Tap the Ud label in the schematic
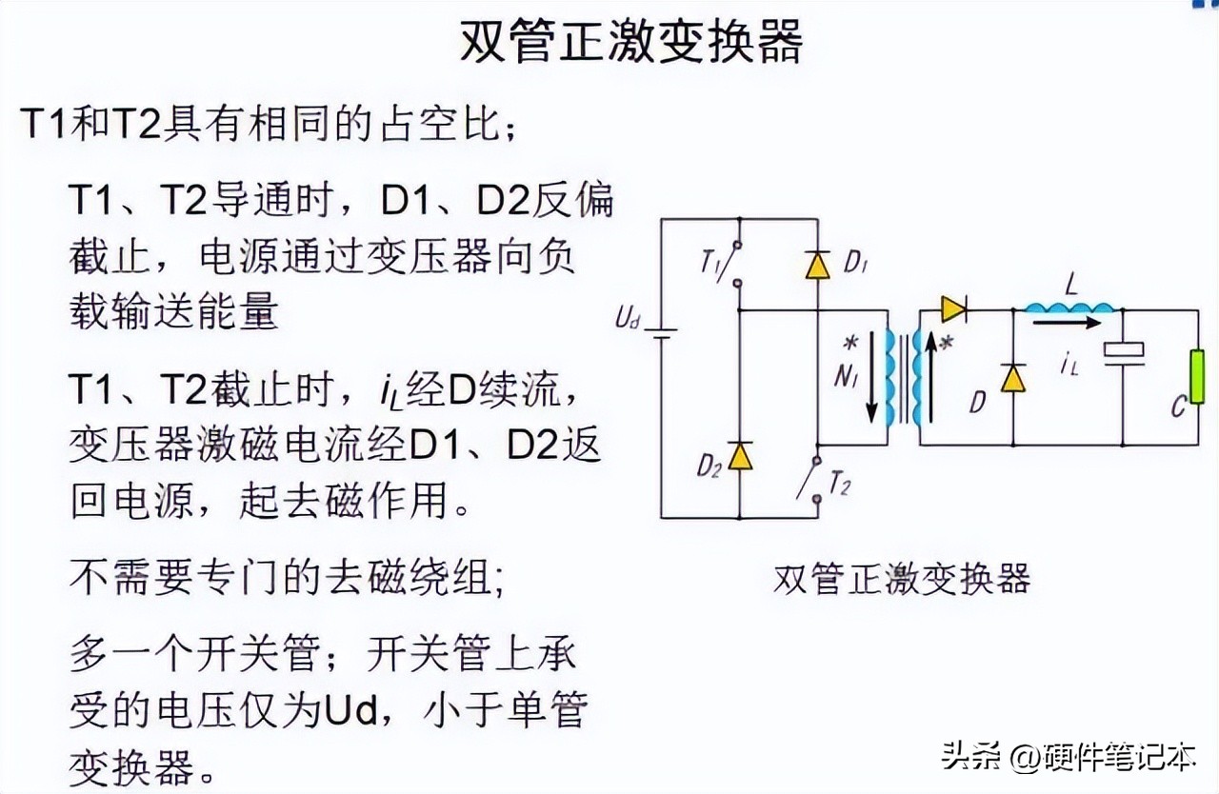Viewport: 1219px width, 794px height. (x=626, y=319)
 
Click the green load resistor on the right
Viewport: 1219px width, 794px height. (x=1196, y=378)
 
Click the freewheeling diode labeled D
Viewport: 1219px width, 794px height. (x=1012, y=379)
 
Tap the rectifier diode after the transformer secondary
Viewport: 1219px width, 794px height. (x=953, y=308)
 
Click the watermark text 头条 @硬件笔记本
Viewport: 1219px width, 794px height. (x=1066, y=758)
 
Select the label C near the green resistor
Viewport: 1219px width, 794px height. (x=1179, y=408)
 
